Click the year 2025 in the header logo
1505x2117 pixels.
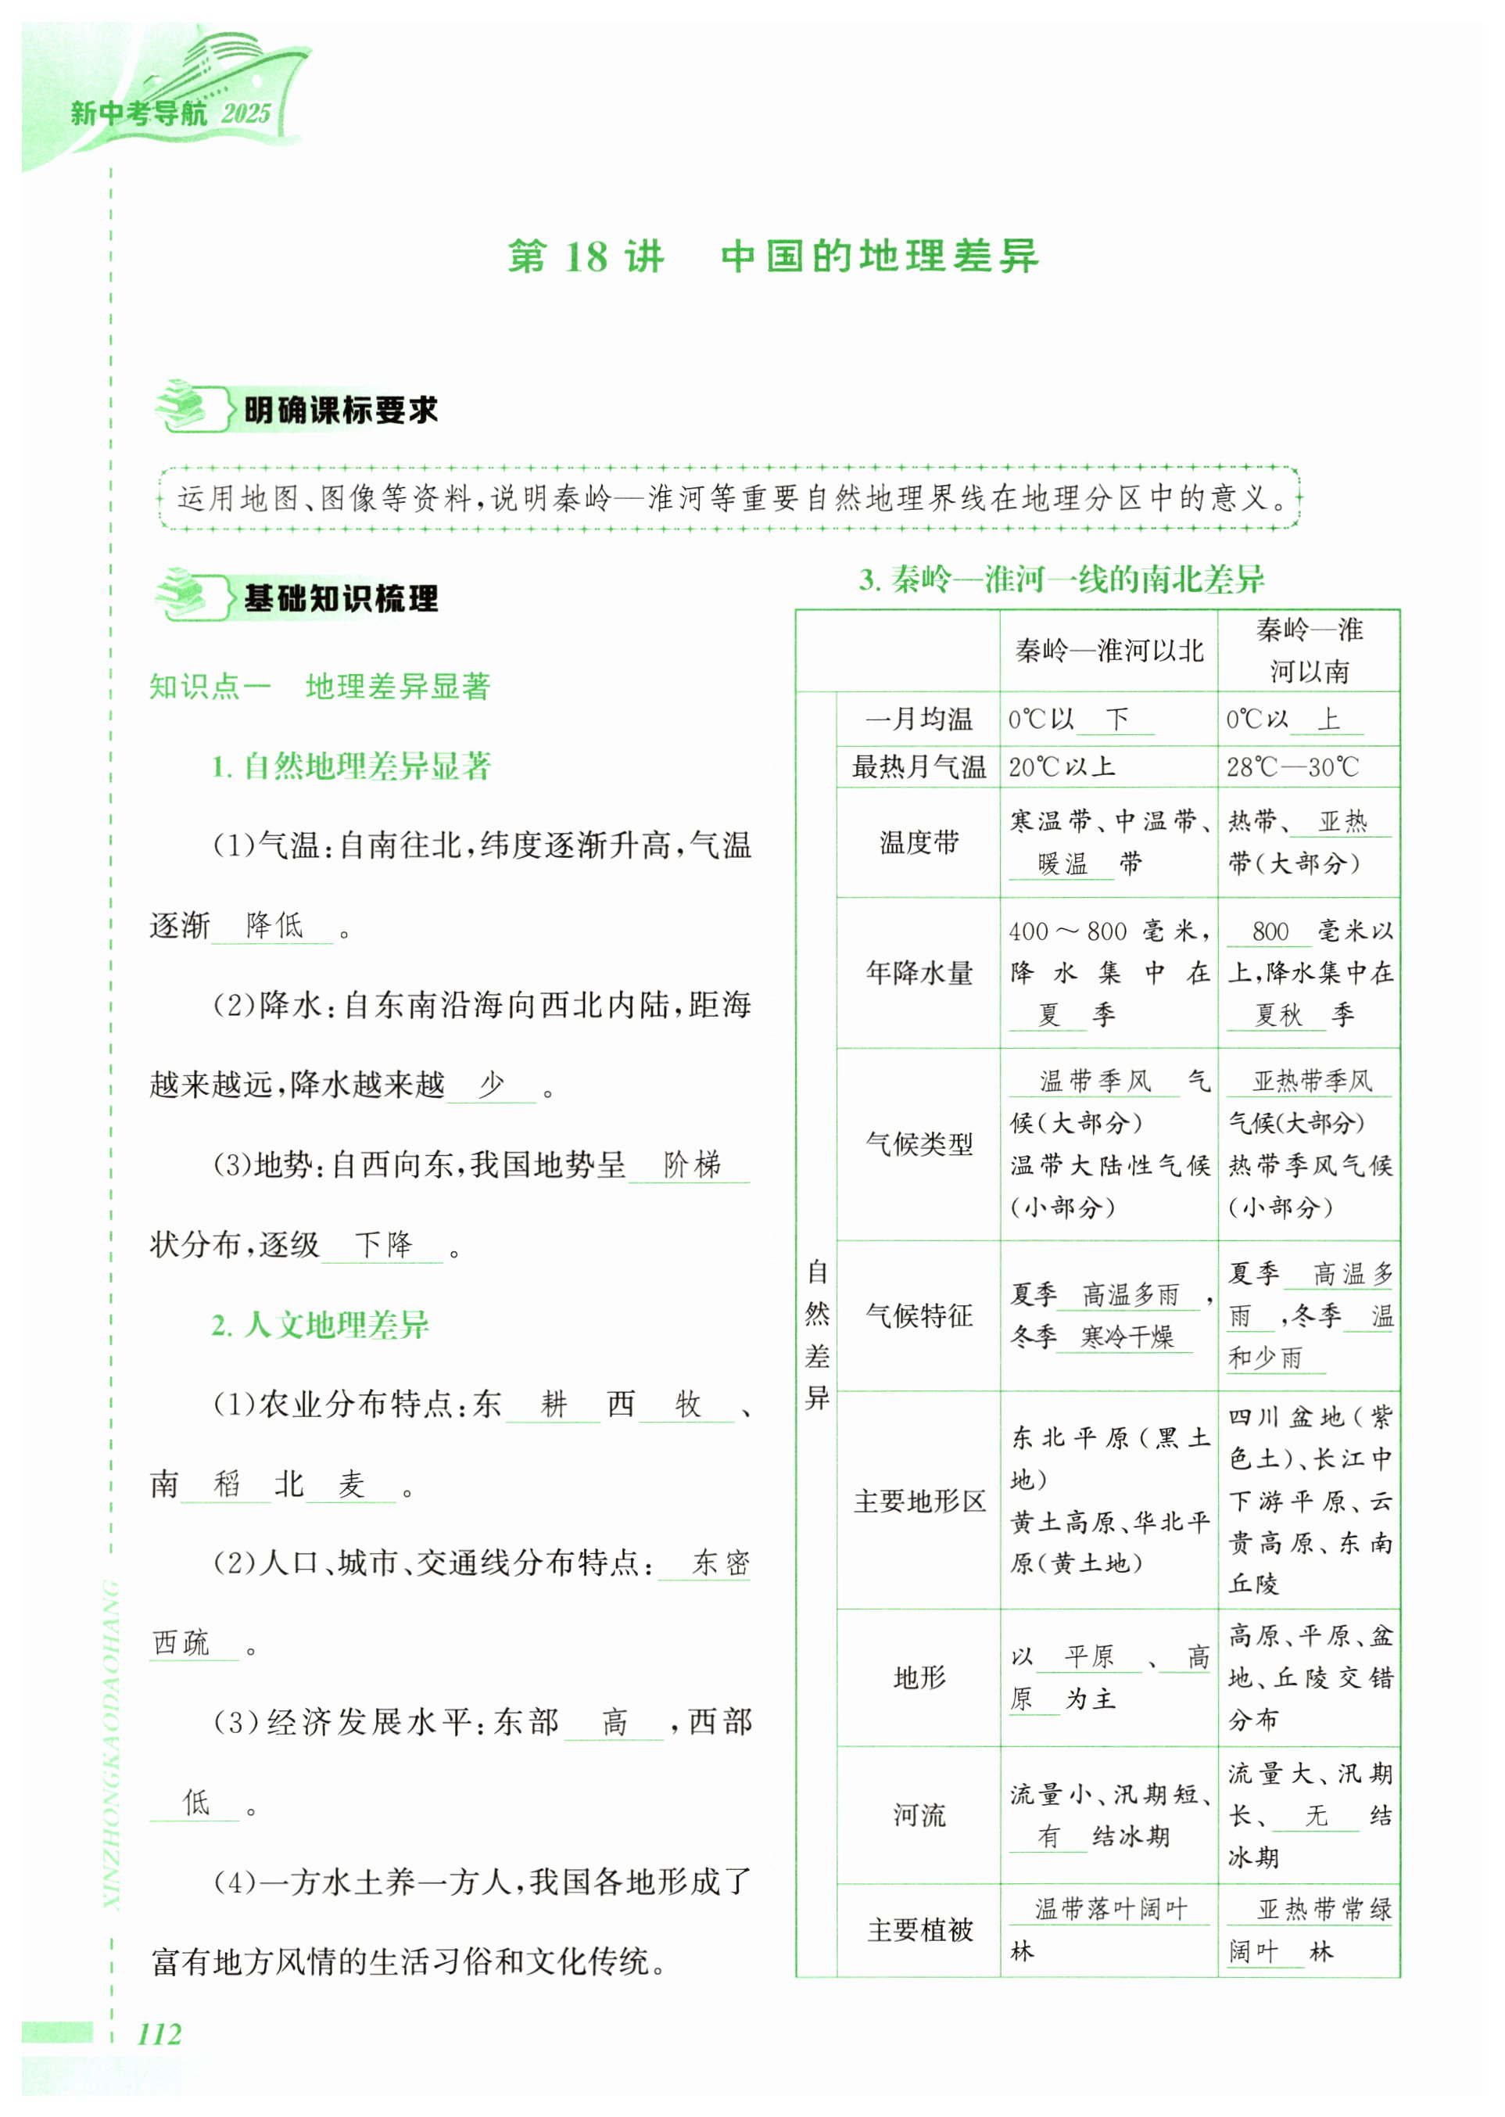coord(245,114)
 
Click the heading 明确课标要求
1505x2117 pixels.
coord(340,410)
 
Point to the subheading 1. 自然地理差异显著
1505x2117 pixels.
coord(351,766)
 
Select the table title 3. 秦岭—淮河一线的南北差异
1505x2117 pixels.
coord(1061,580)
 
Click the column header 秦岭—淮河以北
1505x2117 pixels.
coord(1109,651)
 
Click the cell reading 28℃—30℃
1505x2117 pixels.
coord(1293,766)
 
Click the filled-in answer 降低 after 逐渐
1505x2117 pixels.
coord(274,924)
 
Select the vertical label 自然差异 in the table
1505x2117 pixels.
coord(816,1335)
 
